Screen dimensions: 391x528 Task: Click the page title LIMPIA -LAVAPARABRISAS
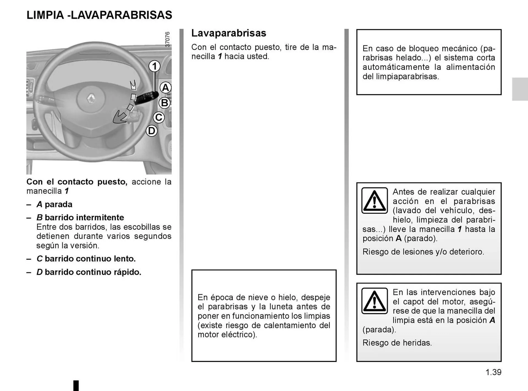[99, 15]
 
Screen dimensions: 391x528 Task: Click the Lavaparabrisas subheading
[229, 33]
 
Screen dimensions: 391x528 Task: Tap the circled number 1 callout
[155, 66]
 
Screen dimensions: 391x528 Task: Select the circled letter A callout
[165, 88]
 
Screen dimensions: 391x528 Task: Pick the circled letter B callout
[164, 103]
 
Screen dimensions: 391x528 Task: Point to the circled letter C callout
[159, 117]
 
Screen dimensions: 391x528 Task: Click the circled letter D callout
[152, 131]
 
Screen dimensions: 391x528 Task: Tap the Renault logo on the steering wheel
[91, 98]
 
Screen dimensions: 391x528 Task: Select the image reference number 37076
[167, 39]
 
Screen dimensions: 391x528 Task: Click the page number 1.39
[493, 372]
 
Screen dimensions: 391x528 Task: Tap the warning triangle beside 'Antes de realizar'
[375, 201]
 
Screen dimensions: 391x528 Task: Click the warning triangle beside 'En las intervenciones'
[375, 301]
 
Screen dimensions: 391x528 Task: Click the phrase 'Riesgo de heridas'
[397, 343]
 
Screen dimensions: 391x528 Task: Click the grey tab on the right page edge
[520, 89]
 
